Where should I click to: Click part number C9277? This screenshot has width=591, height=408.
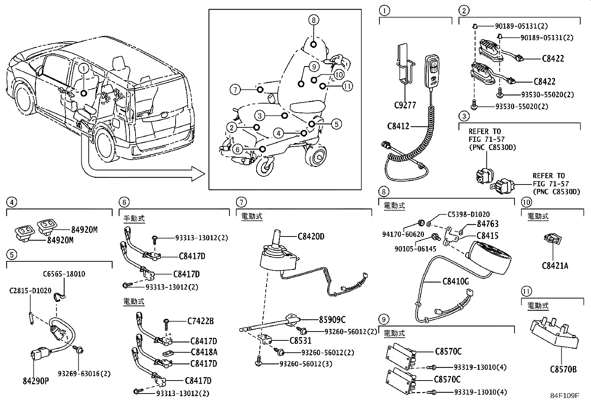405,105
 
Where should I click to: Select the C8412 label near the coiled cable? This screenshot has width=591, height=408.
398,126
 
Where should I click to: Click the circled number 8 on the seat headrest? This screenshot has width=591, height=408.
313,20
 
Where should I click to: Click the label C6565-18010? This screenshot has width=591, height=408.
64,274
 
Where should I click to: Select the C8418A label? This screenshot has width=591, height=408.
204,352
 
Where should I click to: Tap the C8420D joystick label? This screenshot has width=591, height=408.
311,236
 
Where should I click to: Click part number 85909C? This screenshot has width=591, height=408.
332,319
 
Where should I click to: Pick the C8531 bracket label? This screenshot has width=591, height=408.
300,340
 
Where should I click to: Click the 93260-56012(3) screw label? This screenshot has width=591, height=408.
306,364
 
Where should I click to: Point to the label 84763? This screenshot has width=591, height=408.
487,224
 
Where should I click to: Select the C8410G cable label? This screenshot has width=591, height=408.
456,281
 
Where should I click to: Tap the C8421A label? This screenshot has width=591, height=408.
555,265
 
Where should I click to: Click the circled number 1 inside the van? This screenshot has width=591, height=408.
84,69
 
